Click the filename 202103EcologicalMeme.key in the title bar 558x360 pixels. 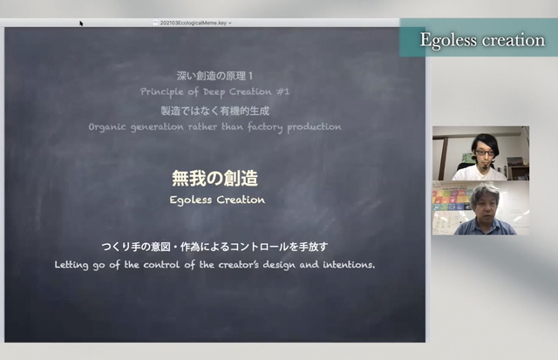tap(194, 23)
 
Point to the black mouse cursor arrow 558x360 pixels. tap(81, 24)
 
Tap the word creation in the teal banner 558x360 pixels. tap(514, 40)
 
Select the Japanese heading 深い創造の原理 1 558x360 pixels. tap(215, 76)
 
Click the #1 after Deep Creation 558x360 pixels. tap(282, 92)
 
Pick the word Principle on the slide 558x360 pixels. tap(162, 92)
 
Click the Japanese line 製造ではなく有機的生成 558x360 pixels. tap(215, 111)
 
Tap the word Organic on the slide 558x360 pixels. tap(107, 127)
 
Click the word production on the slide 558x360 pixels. tap(314, 126)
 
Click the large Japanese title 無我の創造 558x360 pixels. tap(215, 178)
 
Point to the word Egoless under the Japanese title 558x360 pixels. tap(191, 200)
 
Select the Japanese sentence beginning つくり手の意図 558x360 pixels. tap(215, 247)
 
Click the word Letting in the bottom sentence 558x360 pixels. tap(71, 265)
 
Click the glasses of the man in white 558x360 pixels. tap(485, 153)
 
